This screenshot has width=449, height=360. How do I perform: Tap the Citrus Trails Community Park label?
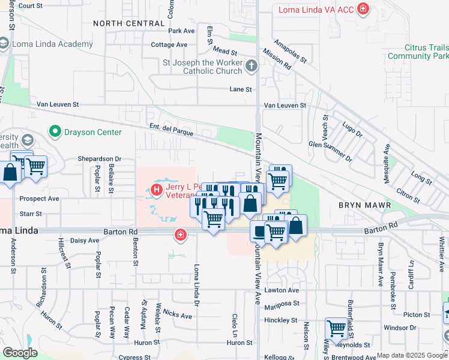pos(418,52)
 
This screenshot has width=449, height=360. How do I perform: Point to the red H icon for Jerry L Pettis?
pos(156,191)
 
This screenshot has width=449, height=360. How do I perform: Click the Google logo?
pos(19,353)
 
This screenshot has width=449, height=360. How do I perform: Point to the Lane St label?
pos(240,89)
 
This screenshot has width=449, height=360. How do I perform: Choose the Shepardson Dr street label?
pos(99,159)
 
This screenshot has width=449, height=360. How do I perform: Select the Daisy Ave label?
pos(85,241)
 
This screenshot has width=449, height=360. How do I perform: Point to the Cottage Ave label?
pos(170,45)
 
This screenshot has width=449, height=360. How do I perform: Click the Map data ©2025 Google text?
pos(411,355)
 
